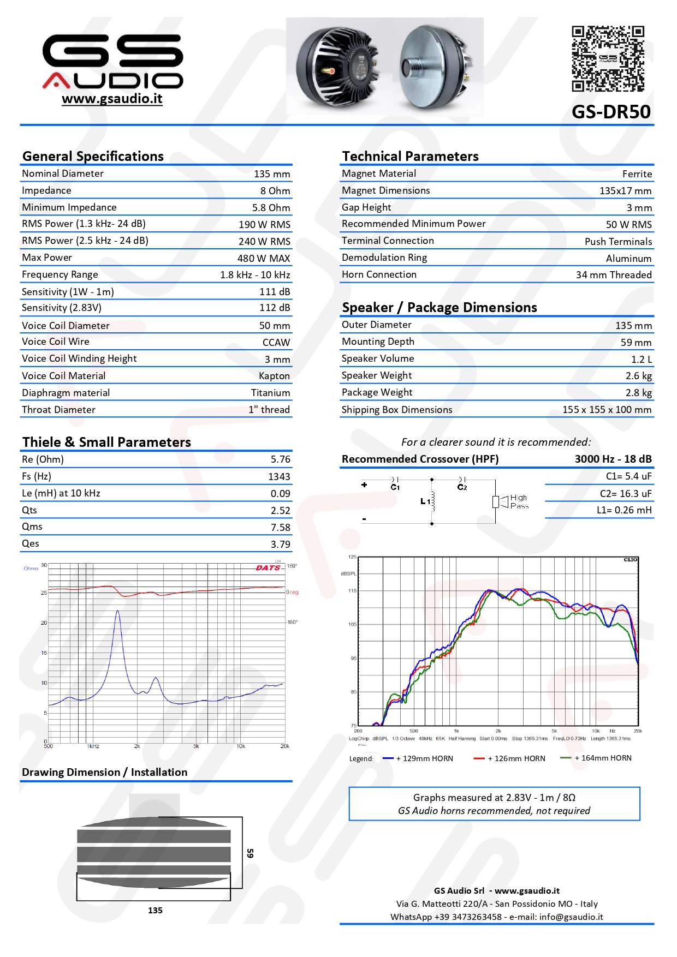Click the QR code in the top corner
tap(608, 58)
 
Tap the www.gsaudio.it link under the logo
tap(112, 99)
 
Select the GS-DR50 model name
tap(611, 112)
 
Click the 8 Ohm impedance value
tap(275, 191)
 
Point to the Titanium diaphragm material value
tap(270, 393)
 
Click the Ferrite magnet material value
tap(637, 174)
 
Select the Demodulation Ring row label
tap(384, 258)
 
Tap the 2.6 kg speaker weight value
tap(639, 376)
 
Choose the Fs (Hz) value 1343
tap(279, 477)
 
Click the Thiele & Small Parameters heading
tap(106, 442)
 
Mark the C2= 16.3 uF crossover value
tap(626, 494)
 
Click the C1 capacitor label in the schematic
tap(395, 487)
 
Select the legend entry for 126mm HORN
tap(519, 758)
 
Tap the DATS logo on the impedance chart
tap(268, 568)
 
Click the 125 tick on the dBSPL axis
tap(352, 557)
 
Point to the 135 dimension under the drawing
tap(155, 910)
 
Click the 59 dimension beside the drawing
tap(250, 853)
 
